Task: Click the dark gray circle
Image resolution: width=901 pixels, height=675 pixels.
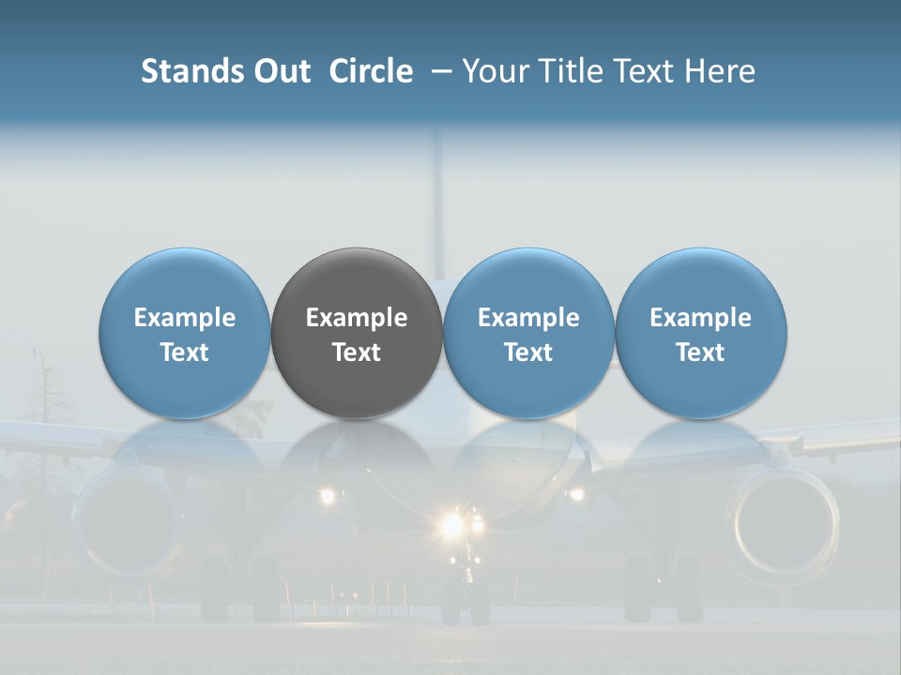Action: (357, 333)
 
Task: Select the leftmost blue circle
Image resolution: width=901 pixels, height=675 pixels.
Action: (185, 333)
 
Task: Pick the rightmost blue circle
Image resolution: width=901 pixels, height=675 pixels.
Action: (700, 333)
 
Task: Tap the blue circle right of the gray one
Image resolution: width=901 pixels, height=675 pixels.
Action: (528, 333)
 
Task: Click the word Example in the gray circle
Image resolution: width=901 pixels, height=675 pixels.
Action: (357, 318)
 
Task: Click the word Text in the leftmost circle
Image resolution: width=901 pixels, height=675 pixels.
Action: (185, 352)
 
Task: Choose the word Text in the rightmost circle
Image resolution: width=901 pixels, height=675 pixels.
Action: (700, 352)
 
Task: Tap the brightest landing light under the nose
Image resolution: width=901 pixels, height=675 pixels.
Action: (452, 523)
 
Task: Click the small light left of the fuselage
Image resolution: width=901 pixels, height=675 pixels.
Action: (327, 495)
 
